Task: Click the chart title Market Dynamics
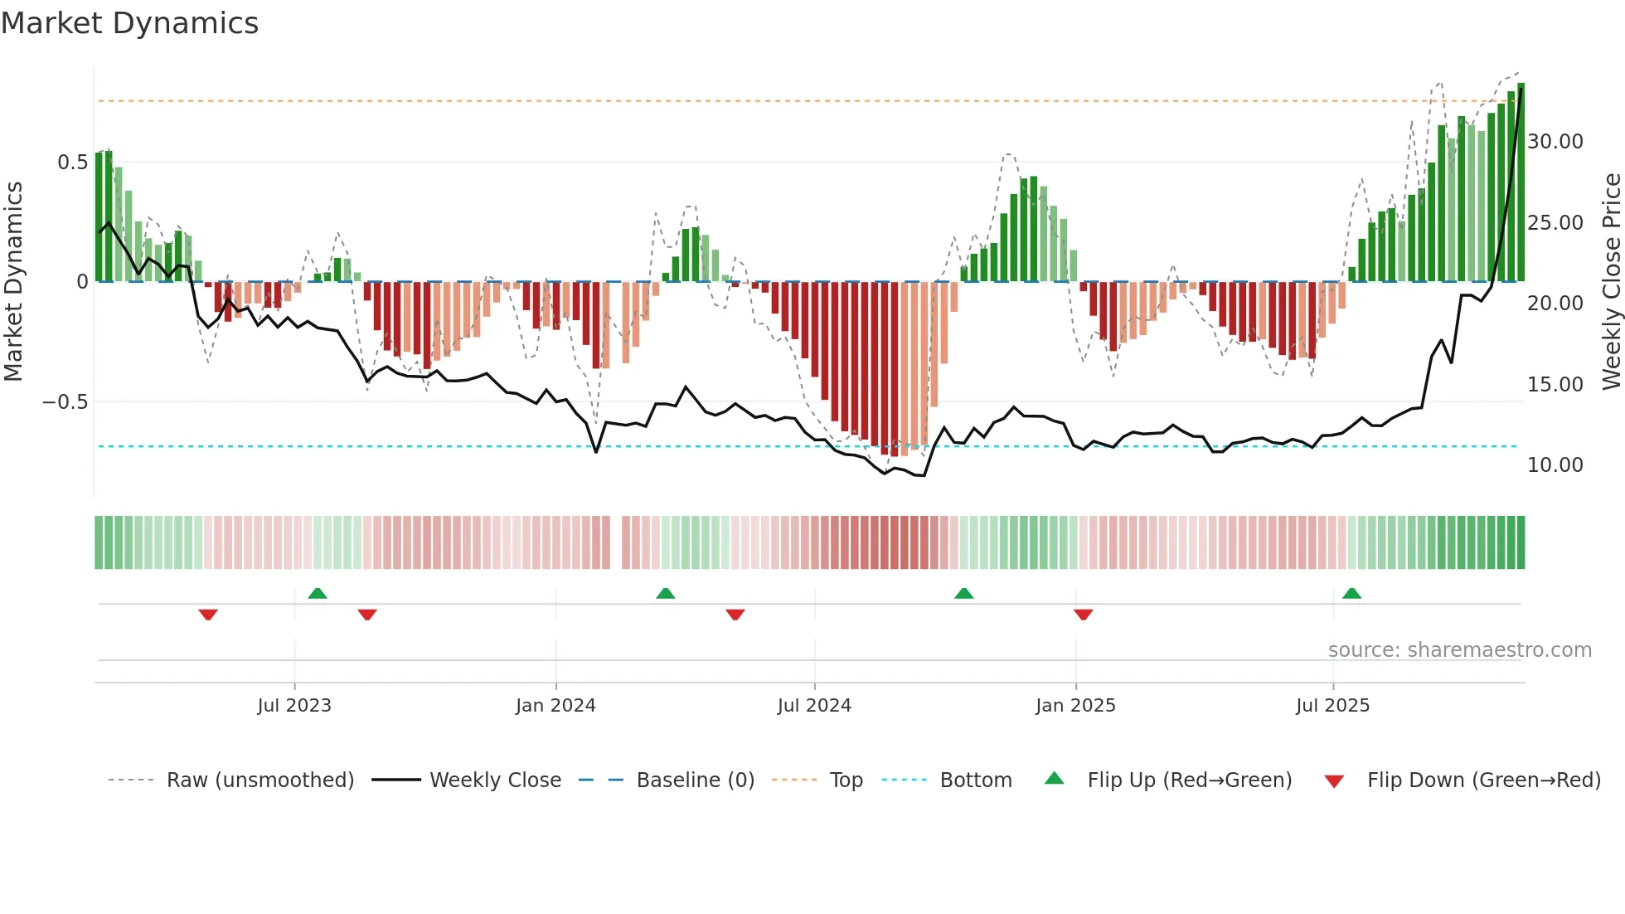pyautogui.click(x=129, y=23)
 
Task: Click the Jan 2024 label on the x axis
pyautogui.click(x=555, y=706)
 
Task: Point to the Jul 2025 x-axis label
pyautogui.click(x=1332, y=706)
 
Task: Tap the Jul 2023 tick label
pyautogui.click(x=294, y=706)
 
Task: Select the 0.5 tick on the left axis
pyautogui.click(x=72, y=163)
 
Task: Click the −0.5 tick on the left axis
pyautogui.click(x=65, y=402)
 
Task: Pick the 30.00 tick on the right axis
pyautogui.click(x=1555, y=142)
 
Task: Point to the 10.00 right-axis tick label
pyautogui.click(x=1555, y=465)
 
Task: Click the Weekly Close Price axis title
pyautogui.click(x=1611, y=282)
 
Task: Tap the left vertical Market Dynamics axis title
pyautogui.click(x=13, y=282)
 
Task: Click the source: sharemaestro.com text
pyautogui.click(x=1459, y=650)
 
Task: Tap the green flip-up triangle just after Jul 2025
pyautogui.click(x=1351, y=594)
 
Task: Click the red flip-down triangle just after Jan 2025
pyautogui.click(x=1083, y=614)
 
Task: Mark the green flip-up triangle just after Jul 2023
pyautogui.click(x=318, y=594)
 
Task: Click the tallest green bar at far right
pyautogui.click(x=1521, y=182)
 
